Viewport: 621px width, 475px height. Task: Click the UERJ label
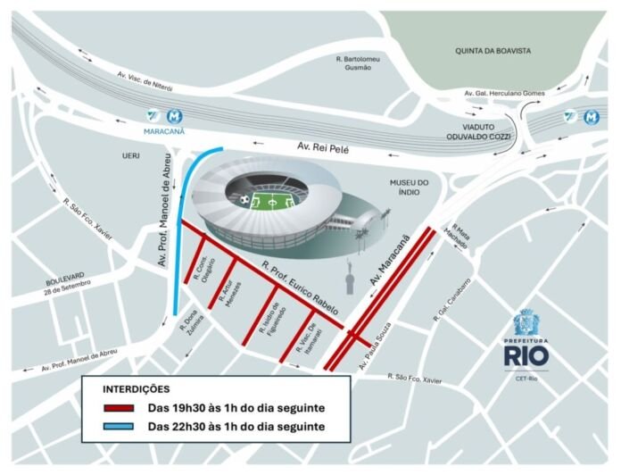click(132, 155)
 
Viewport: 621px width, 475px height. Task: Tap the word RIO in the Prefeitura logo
click(526, 355)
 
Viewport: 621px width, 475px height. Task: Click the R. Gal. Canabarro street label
click(454, 299)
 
